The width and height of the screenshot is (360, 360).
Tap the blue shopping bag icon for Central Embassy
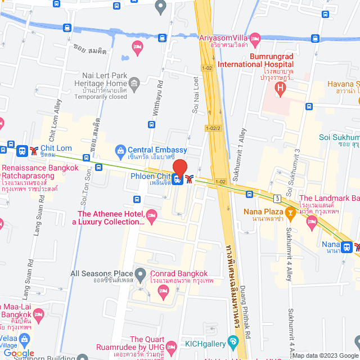click(120, 150)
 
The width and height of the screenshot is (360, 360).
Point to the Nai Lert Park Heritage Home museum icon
click(134, 84)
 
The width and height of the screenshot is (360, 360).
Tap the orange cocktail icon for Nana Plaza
click(290, 212)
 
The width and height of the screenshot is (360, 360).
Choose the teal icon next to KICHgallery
click(233, 342)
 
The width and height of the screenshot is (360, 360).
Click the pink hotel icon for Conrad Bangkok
click(164, 291)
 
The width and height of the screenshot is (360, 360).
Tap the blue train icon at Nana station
click(347, 246)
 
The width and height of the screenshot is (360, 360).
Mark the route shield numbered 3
click(277, 198)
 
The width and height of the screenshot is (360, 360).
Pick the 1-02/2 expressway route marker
click(213, 128)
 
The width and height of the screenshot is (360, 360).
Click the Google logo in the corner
click(19, 353)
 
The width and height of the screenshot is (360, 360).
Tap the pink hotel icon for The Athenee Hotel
click(151, 214)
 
